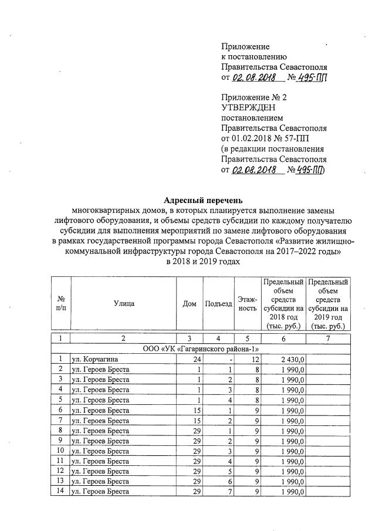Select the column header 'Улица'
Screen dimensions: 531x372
[x=124, y=303]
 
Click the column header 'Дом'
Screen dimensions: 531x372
[x=190, y=303]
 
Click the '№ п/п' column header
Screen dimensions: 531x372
[x=60, y=303]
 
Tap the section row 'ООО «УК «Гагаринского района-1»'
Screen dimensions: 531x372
[x=202, y=349]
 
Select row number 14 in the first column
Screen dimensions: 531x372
[x=60, y=492]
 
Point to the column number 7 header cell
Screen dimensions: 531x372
[x=329, y=339]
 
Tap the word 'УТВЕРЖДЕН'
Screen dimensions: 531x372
[x=247, y=107]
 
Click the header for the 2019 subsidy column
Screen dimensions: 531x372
[x=329, y=303]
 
